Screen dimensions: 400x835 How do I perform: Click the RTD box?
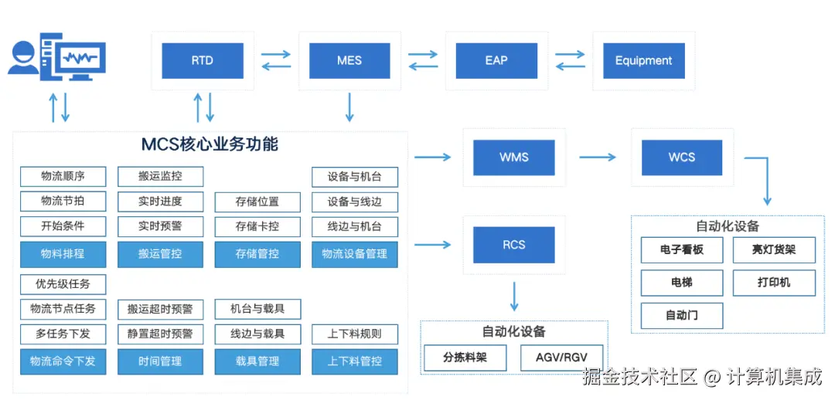(203, 61)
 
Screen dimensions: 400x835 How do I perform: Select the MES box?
(349, 61)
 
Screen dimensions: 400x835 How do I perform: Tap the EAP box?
(496, 61)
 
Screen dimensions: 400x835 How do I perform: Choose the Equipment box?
(643, 61)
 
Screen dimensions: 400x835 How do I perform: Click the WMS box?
(514, 158)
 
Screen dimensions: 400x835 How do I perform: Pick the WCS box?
(682, 158)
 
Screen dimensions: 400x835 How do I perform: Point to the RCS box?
(514, 245)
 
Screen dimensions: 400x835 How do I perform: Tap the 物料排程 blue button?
(63, 254)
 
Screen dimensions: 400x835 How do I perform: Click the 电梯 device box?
(682, 283)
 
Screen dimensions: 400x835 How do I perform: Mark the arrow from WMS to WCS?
(598, 158)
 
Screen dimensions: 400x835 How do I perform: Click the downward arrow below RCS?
(514, 296)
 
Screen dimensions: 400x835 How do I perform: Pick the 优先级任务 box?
(63, 283)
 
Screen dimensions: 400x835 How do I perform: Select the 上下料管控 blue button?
(355, 361)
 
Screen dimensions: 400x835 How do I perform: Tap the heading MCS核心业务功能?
(210, 144)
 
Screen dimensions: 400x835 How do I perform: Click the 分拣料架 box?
(465, 358)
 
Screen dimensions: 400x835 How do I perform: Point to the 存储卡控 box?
(257, 227)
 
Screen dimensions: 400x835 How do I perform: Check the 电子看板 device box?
(682, 250)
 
